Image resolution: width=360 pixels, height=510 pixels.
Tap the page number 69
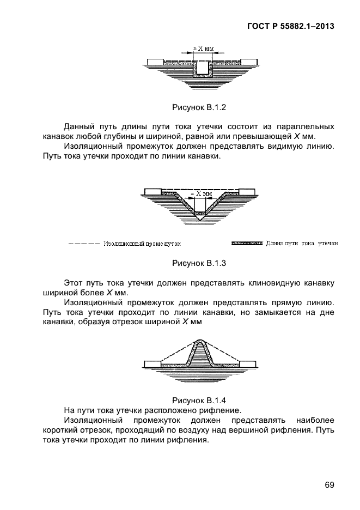[x=328, y=485]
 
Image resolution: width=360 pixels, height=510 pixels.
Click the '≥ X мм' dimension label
[x=203, y=48]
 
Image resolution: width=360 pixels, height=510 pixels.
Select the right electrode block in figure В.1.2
[x=249, y=60]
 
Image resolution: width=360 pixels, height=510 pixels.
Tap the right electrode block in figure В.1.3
[x=248, y=191]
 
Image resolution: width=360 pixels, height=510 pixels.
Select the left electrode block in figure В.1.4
[x=152, y=362]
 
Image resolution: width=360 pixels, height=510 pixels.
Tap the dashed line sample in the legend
[x=84, y=243]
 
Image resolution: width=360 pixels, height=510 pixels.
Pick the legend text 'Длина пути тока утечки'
[x=302, y=243]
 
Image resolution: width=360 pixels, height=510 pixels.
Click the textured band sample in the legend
[x=247, y=243]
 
